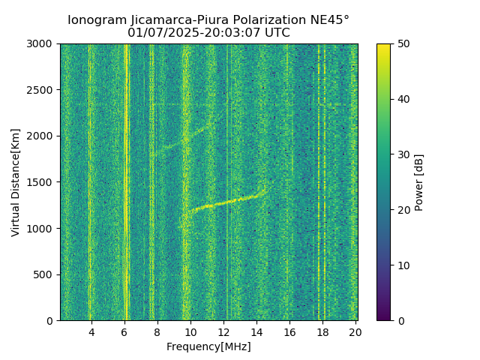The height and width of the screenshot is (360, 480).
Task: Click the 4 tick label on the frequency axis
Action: click(91, 331)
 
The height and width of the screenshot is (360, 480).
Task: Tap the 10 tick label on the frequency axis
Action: click(190, 331)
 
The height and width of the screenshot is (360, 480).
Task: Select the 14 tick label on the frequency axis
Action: click(256, 331)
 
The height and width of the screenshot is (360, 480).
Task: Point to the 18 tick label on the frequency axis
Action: click(322, 331)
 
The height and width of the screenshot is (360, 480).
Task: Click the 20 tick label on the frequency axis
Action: click(355, 331)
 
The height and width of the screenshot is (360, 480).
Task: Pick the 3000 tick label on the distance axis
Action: click(42, 44)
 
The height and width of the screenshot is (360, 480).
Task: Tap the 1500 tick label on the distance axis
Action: click(42, 182)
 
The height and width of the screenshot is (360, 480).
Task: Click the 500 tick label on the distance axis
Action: click(45, 274)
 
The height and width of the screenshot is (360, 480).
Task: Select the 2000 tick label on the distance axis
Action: click(42, 136)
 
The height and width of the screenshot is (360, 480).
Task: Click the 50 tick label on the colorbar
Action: click(401, 44)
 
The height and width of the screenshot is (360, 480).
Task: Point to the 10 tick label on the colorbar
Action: click(401, 265)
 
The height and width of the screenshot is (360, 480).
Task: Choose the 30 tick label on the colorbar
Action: click(401, 154)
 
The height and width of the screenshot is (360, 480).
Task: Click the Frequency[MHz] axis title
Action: click(208, 346)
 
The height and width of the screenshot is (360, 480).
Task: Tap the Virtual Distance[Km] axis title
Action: click(16, 182)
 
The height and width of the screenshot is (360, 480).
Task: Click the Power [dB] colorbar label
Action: click(419, 182)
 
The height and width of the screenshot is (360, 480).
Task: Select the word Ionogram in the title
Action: click(96, 20)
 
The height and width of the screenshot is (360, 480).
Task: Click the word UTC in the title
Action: click(276, 33)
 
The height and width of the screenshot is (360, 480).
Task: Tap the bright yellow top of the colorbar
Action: click(383, 46)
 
